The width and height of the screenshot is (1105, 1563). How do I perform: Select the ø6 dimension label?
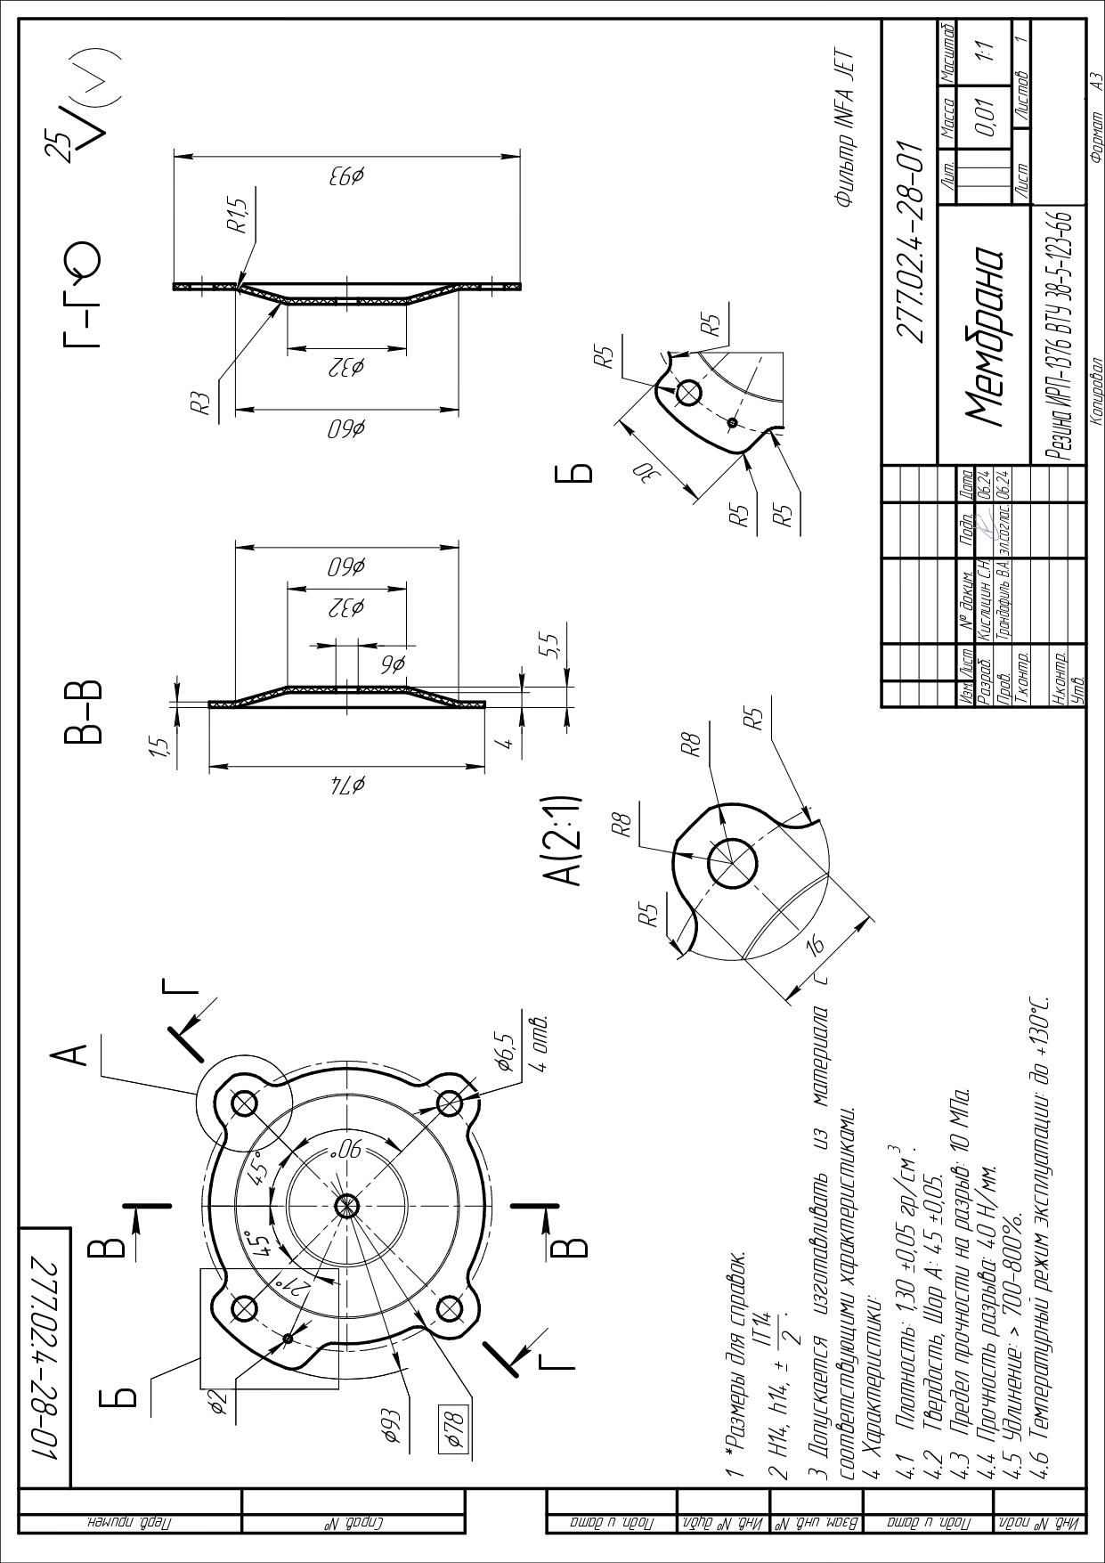click(x=392, y=663)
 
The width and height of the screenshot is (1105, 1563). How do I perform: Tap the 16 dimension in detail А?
click(x=814, y=947)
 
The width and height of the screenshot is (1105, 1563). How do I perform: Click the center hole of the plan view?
click(x=345, y=1207)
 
